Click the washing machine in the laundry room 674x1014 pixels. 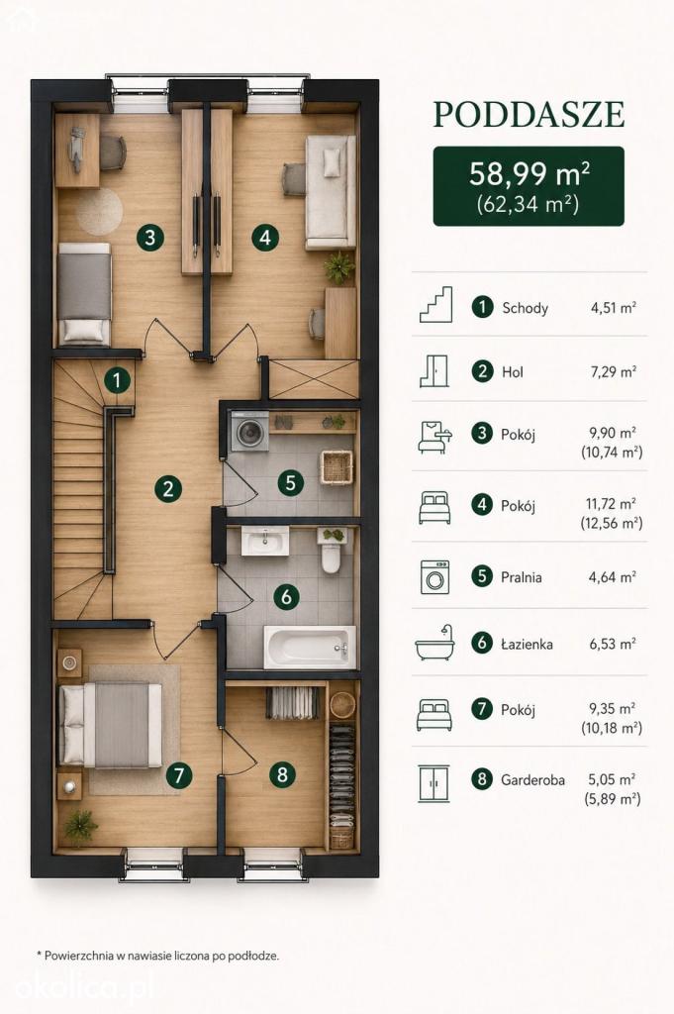point(248,431)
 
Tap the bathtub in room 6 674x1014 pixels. point(310,647)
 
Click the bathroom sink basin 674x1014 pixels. point(265,541)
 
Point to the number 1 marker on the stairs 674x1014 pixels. point(117,380)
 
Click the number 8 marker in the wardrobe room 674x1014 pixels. point(282,773)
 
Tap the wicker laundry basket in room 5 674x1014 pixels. point(337,467)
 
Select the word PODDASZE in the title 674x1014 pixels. point(529,115)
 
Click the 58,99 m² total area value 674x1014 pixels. point(529,174)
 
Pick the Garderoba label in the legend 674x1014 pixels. point(532,780)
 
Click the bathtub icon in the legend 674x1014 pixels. point(434,643)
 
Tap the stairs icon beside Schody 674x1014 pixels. point(435,305)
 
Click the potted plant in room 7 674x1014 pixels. point(81,827)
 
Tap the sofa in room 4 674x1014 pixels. point(331,192)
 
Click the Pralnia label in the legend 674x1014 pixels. point(521,577)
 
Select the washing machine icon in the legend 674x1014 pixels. point(434,577)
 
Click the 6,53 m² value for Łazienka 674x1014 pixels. point(612,644)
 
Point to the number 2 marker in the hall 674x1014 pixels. point(168,488)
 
